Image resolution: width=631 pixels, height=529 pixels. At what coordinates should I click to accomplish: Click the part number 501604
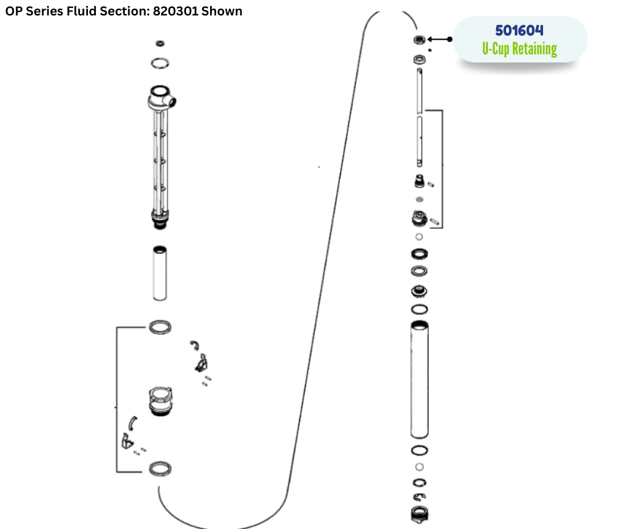519,31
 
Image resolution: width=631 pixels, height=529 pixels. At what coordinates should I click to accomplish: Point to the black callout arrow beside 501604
439,40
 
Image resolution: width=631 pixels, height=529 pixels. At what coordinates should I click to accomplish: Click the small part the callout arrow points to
420,40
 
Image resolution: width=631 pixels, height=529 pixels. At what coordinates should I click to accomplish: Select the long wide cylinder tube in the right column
420,379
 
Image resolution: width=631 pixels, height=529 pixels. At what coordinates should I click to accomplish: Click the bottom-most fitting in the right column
420,514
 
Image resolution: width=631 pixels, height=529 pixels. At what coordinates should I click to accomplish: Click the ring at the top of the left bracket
159,327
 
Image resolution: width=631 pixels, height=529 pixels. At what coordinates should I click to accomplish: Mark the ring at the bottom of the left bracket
159,469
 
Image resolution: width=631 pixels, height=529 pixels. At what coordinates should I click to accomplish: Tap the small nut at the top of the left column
160,44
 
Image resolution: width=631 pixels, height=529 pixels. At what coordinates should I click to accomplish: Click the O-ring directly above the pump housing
160,63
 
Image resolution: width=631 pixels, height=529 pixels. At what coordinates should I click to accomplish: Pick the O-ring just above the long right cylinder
420,309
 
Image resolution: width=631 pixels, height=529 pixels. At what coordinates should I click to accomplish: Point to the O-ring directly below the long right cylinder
420,450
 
